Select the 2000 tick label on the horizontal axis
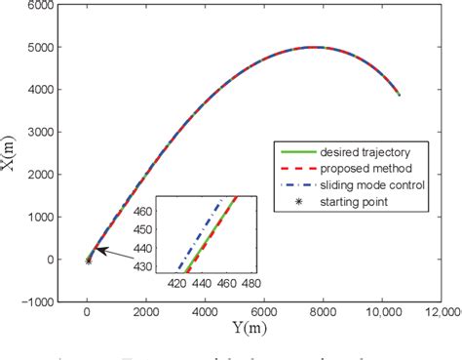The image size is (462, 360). (x=146, y=312)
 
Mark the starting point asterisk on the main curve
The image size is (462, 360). (x=88, y=260)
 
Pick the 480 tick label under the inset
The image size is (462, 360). (x=251, y=284)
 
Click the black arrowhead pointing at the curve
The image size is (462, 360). (x=97, y=250)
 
